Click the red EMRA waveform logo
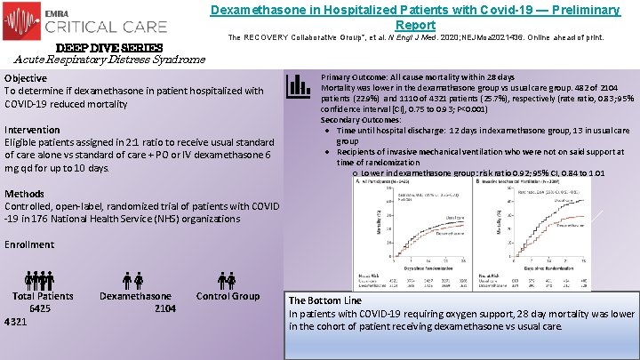21,20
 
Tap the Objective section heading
26,78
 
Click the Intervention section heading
33,129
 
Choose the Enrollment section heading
29,244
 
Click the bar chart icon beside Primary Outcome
298,86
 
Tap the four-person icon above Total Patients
40,280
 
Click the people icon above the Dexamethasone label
133,280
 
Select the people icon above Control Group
227,280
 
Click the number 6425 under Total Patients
40,308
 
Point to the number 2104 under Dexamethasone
164,308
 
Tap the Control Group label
228,296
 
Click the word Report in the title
414,25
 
